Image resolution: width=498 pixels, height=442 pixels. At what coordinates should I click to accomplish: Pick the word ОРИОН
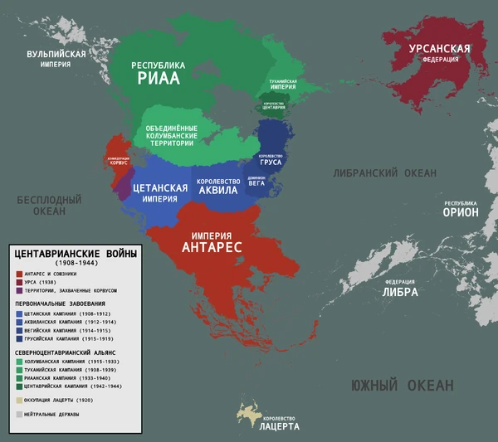(460, 211)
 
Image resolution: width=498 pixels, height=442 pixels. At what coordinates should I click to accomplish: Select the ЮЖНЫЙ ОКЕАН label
(402, 386)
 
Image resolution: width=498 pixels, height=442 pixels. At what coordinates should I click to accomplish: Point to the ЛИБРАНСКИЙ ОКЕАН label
(384, 173)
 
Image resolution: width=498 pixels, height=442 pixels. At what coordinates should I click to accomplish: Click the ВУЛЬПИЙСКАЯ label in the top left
(56, 55)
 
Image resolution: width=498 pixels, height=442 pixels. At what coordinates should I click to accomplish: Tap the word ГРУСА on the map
(271, 163)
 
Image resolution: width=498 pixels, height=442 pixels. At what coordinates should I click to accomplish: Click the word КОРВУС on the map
(118, 164)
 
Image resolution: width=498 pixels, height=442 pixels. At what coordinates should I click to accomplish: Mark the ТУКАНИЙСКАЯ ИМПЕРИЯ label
(282, 83)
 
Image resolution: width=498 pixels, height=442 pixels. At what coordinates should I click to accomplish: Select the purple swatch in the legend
(19, 291)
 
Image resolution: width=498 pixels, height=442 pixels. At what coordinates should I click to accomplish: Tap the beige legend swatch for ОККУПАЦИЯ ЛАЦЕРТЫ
(19, 399)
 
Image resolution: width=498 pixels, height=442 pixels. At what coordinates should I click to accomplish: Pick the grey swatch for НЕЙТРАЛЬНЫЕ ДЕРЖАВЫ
(19, 413)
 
